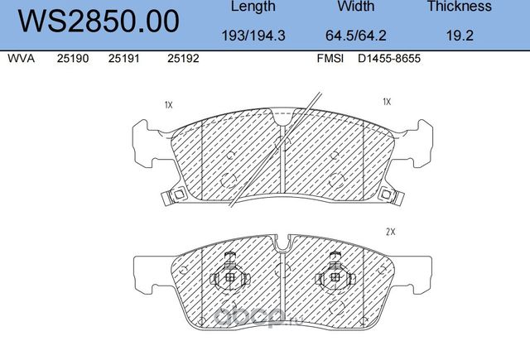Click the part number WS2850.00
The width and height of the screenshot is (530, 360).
pos(98,22)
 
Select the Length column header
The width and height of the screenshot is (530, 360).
pos(253,7)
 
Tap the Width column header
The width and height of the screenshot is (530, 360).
pos(356,7)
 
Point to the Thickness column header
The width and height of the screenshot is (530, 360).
pos(459,7)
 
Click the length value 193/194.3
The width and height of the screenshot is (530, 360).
pos(253,36)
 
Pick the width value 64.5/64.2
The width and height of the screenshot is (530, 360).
pos(356,36)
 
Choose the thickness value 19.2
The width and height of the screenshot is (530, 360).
pos(459,36)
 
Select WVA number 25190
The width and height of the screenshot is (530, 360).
pos(71,60)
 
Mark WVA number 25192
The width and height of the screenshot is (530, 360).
pos(182,60)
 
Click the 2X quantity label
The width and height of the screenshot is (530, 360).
pos(391,233)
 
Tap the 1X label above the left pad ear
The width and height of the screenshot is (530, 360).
pos(168,105)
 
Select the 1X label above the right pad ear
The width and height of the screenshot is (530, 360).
pos(386,102)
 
